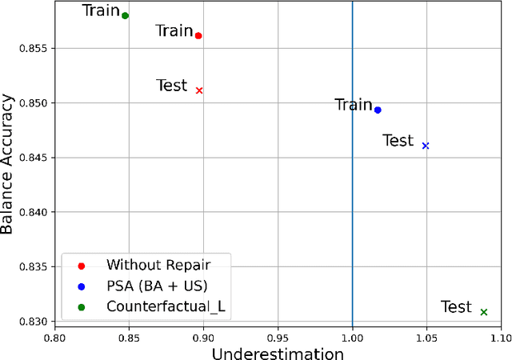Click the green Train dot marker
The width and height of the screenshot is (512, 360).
(x=125, y=15)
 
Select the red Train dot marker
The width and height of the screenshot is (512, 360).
(x=198, y=35)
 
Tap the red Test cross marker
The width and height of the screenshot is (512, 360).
(x=199, y=90)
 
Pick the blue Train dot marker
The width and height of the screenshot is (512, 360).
(x=378, y=110)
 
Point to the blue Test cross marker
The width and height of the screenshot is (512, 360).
(x=426, y=146)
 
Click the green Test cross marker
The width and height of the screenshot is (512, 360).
(x=484, y=312)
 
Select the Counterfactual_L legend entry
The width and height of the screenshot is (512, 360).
(x=157, y=306)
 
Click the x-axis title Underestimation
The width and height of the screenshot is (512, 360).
(x=277, y=352)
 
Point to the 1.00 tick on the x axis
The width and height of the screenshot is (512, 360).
(x=352, y=338)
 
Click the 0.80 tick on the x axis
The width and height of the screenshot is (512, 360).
(x=55, y=338)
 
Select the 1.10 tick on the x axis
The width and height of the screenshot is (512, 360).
(x=500, y=338)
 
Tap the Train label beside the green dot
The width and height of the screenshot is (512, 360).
(x=102, y=10)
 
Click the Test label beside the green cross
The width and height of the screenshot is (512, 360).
(x=457, y=307)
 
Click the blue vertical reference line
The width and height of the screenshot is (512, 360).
(x=353, y=200)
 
